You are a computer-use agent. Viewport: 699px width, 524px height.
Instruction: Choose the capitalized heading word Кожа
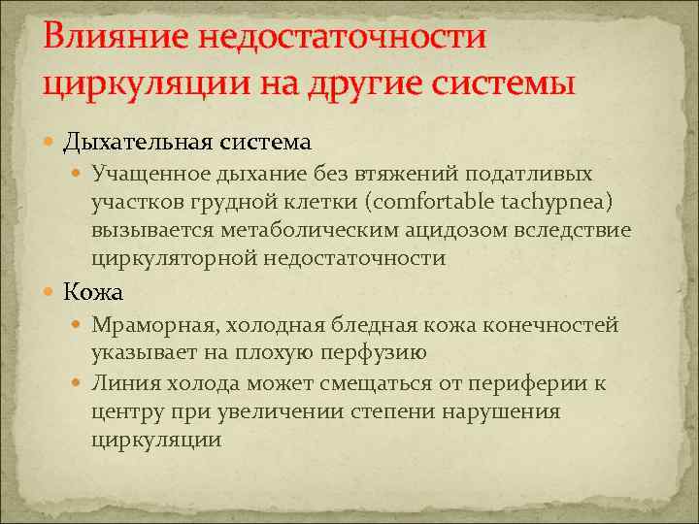coord(93,290)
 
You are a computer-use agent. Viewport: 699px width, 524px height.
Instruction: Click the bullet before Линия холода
coord(81,383)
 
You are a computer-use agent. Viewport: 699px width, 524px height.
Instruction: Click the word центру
coord(126,411)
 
